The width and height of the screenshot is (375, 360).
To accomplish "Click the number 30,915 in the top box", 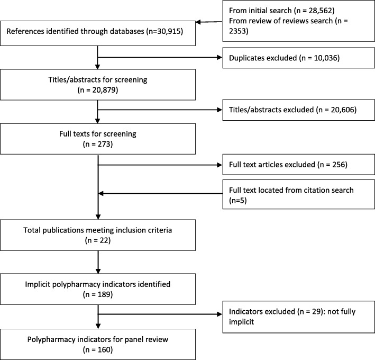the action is (168, 31).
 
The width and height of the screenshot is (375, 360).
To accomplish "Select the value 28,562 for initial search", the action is (319, 11).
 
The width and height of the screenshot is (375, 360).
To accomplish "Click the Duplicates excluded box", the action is (298, 58).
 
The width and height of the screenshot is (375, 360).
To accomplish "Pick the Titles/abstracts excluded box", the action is (298, 110).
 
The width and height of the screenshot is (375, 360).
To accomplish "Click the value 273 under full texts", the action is (104, 145).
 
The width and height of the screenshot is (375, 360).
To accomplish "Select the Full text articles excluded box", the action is (298, 165).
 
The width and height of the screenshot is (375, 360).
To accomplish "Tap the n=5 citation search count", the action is (237, 201).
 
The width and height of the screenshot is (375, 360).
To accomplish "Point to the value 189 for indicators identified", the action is (104, 294).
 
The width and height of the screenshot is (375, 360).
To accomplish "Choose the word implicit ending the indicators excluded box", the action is (241, 322).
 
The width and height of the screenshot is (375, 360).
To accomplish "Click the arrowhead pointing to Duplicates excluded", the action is (219, 58).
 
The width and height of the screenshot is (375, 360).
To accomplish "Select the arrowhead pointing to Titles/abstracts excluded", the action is (219, 110).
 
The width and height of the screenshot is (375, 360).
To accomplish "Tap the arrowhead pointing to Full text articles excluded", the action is (219, 165).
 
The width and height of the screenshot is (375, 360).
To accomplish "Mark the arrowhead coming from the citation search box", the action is (101, 193).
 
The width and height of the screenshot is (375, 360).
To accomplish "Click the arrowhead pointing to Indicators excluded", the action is (219, 314).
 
